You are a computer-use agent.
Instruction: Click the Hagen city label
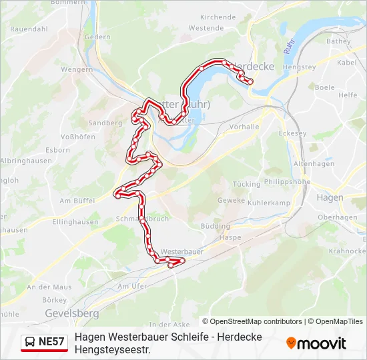(x=330, y=197)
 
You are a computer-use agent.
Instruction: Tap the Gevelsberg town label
(x=71, y=313)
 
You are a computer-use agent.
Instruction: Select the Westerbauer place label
(x=182, y=252)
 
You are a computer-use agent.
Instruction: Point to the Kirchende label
(x=218, y=17)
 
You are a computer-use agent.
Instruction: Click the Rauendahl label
(x=28, y=29)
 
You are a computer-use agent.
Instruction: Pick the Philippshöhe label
(x=287, y=181)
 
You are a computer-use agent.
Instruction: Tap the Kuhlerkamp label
(x=269, y=203)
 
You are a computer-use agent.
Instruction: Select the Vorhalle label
(x=244, y=126)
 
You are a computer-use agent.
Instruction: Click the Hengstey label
(x=299, y=67)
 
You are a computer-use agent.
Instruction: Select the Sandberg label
(x=105, y=123)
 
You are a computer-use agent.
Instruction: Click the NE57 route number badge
(x=51, y=343)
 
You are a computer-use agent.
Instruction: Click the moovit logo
(x=316, y=343)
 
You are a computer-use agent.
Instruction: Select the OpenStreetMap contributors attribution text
(x=252, y=321)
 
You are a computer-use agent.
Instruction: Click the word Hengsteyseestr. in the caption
(x=112, y=349)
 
